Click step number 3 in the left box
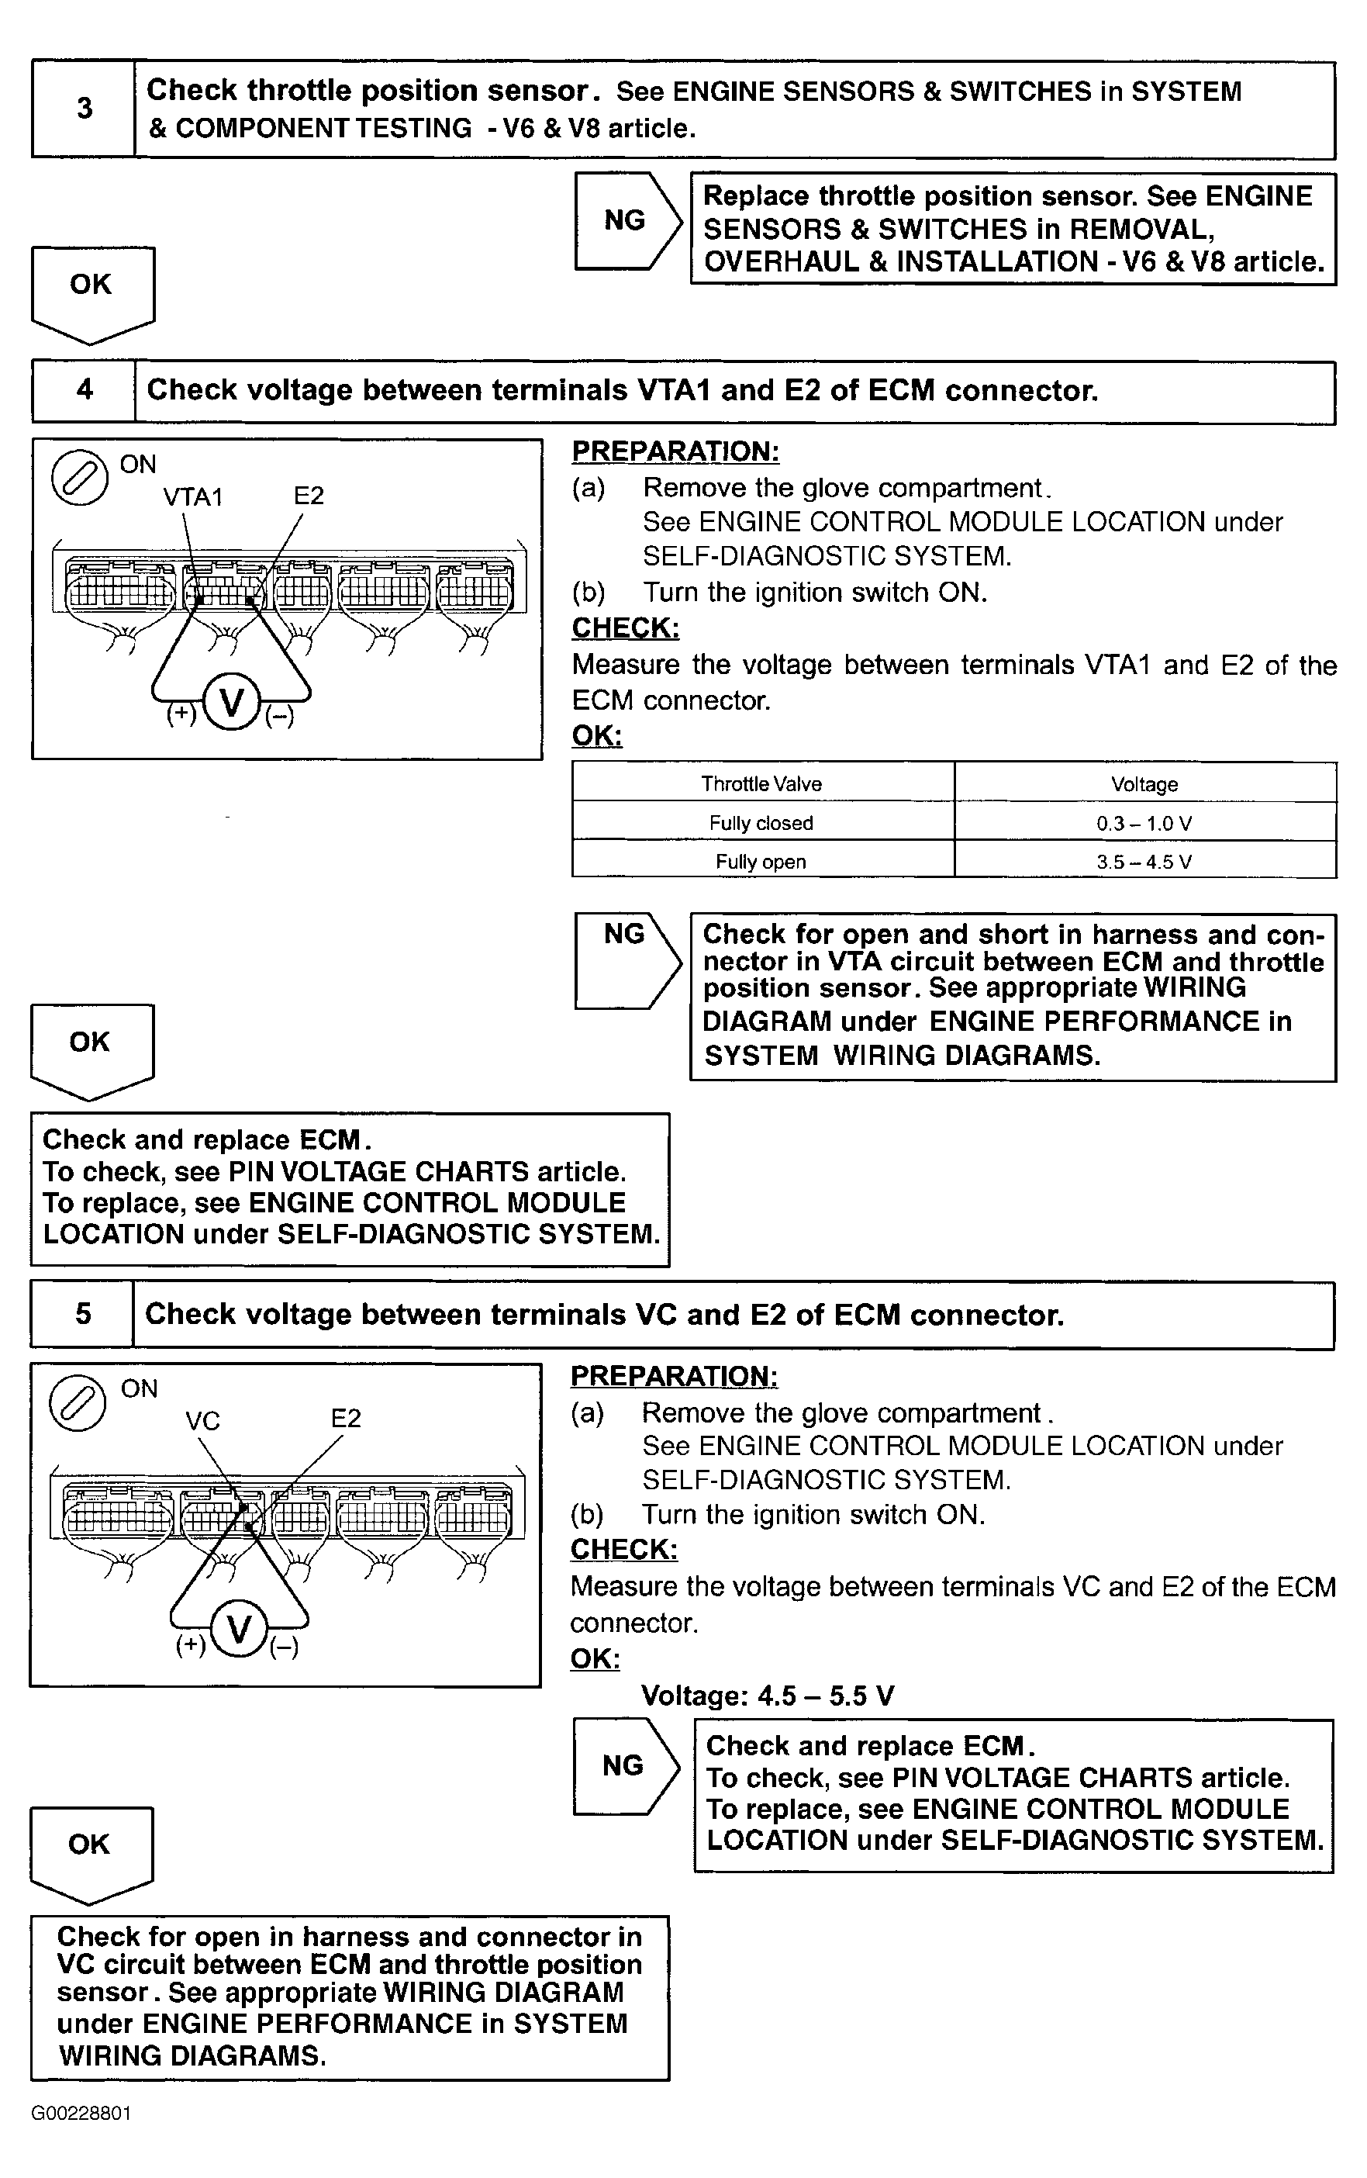click(x=84, y=109)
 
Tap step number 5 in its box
click(x=83, y=1314)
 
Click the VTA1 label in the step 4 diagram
click(x=192, y=496)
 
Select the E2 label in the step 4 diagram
click(x=309, y=496)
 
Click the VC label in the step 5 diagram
click(x=202, y=1420)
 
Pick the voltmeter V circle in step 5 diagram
click(x=239, y=1628)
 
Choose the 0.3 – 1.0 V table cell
click(x=1144, y=823)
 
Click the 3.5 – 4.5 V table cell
click(x=1144, y=861)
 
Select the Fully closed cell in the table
click(x=761, y=823)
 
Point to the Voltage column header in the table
click(x=1144, y=784)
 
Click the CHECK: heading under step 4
click(x=626, y=627)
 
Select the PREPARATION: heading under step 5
click(x=674, y=1375)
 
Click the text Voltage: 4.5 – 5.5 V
click(x=768, y=1696)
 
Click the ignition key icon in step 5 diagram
click(x=78, y=1402)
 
